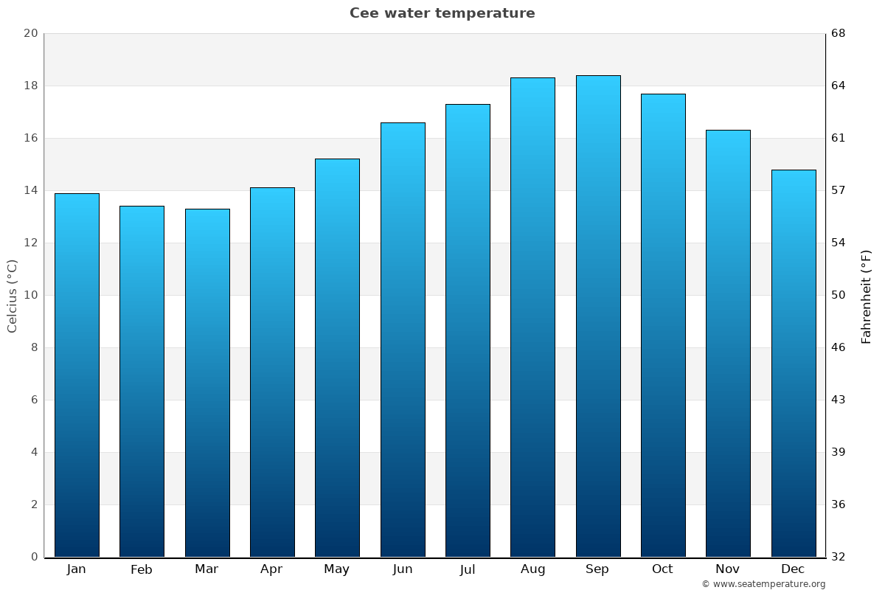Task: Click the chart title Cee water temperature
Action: [x=442, y=13]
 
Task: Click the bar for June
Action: [x=403, y=339]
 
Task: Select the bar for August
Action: [x=532, y=317]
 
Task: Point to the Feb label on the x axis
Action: [x=141, y=569]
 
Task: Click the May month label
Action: [x=337, y=569]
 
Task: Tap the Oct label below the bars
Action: [x=662, y=569]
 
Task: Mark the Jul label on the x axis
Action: [x=467, y=569]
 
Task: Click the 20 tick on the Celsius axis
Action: [x=30, y=34]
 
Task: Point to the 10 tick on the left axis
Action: [x=30, y=296]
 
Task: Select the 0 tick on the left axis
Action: [x=34, y=557]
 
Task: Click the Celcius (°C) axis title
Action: [x=13, y=296]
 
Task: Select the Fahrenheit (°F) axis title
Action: [x=867, y=296]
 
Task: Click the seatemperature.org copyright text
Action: [x=763, y=584]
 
